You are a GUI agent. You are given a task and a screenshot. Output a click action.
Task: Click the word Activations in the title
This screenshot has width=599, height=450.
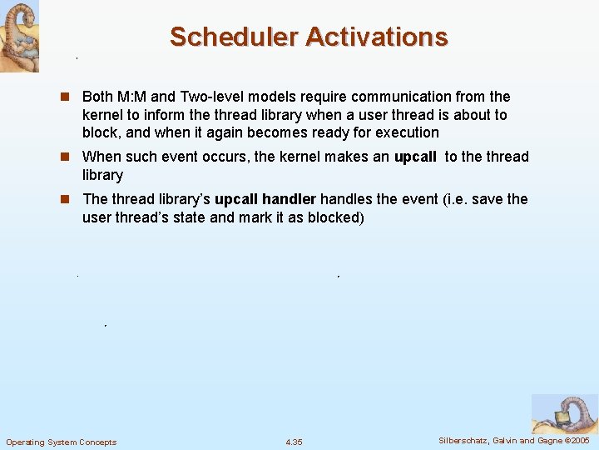pos(377,37)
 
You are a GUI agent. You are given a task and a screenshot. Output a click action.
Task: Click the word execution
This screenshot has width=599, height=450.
pos(403,132)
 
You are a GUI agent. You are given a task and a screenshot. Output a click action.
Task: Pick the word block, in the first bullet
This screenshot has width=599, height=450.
pos(101,132)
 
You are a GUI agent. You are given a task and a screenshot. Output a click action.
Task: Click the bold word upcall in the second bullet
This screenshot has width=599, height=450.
pos(415,157)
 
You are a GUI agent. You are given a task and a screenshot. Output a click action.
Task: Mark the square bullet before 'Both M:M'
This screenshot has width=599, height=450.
pos(70,97)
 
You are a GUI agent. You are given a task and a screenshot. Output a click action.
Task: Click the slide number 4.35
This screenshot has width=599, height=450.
pos(294,442)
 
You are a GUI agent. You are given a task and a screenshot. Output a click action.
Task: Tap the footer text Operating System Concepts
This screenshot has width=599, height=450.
pos(62,442)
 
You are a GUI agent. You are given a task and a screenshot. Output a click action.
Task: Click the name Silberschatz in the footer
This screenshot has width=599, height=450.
pos(464,441)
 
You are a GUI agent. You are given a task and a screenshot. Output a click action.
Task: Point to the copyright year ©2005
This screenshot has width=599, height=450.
pos(577,441)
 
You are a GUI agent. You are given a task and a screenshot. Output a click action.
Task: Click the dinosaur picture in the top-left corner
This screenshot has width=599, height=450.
pos(18,35)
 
